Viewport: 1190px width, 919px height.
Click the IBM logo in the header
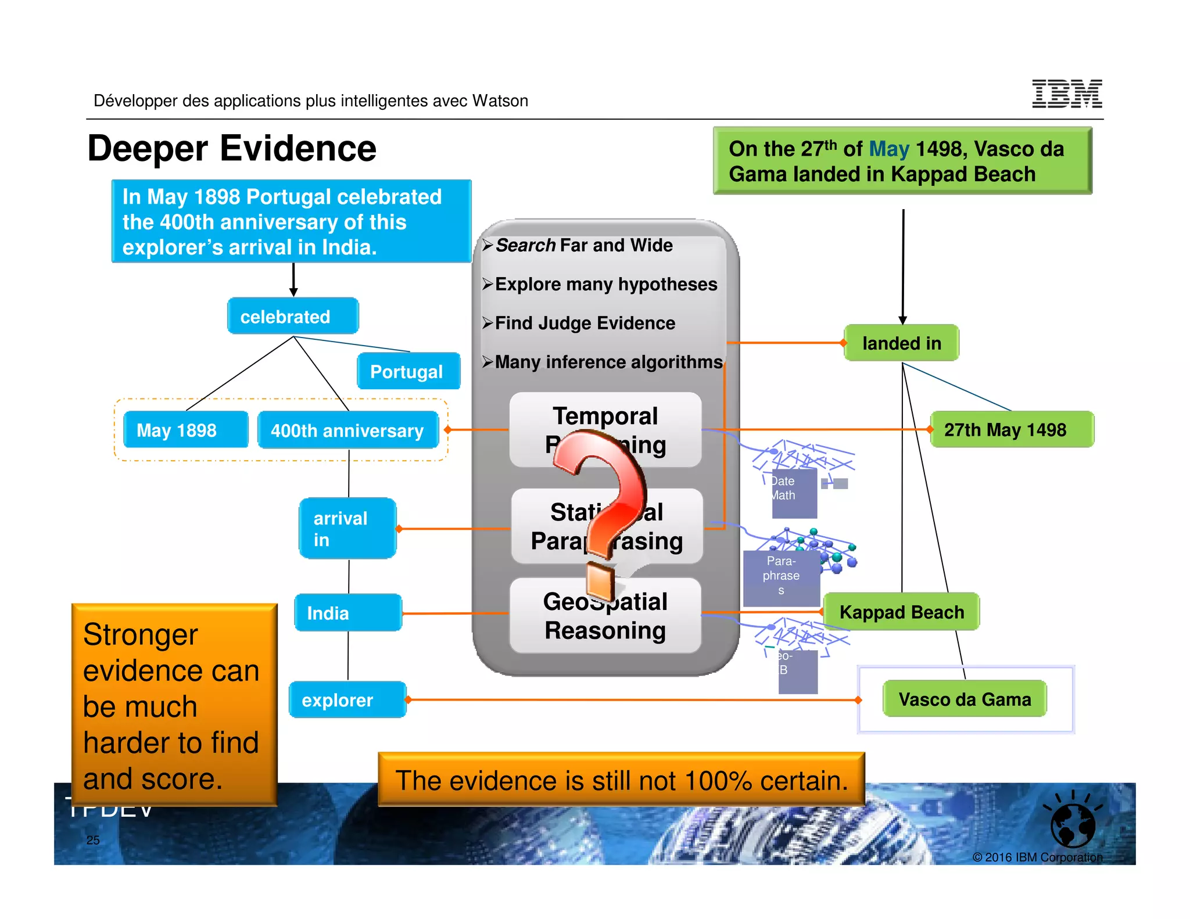[1067, 94]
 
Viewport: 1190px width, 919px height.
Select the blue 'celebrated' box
[292, 317]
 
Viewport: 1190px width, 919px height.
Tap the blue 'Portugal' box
[408, 371]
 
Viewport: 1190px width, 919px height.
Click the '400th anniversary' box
[347, 430]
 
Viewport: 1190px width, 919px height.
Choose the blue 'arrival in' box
[347, 529]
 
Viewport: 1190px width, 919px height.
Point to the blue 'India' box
[347, 613]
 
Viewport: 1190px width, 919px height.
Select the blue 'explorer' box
[347, 700]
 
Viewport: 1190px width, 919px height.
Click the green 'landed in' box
[901, 343]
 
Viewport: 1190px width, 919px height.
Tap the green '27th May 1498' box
[1011, 430]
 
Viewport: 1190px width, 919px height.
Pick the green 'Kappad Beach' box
[901, 612]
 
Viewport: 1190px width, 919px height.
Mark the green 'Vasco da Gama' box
[965, 699]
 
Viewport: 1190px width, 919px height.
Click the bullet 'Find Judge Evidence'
[585, 323]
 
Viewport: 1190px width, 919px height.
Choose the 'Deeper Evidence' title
[232, 148]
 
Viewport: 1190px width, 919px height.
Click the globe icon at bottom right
[1073, 824]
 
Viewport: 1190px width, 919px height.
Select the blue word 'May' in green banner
[888, 149]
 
